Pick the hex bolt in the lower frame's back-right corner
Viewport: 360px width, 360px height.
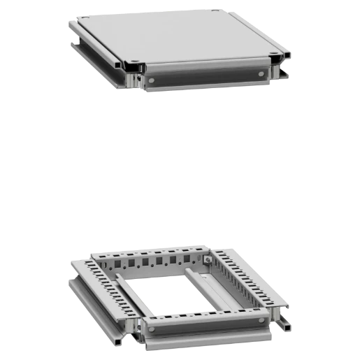pos(208,261)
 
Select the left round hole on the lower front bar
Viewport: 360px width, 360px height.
pos(151,323)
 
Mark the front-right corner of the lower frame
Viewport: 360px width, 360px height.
pos(276,308)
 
